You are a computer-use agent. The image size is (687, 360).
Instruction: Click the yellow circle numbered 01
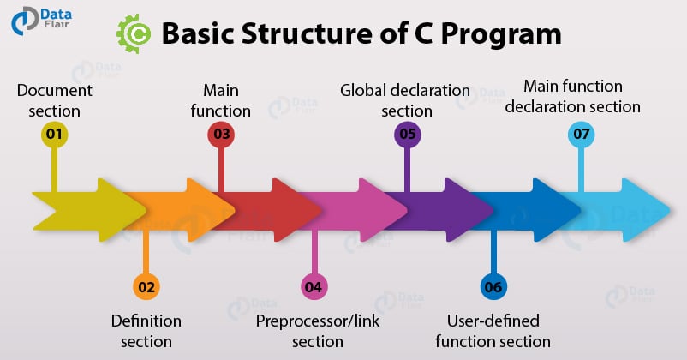tap(53, 135)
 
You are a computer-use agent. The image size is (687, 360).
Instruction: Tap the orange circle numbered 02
tap(146, 286)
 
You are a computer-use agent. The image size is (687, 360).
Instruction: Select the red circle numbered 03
tap(221, 135)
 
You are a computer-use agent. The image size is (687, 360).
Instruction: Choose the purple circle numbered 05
tap(406, 135)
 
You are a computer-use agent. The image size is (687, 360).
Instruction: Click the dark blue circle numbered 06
tap(493, 286)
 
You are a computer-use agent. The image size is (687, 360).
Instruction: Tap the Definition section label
tap(146, 331)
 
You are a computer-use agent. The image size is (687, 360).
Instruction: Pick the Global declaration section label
tap(406, 99)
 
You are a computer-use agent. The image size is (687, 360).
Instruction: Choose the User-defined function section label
tap(493, 331)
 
